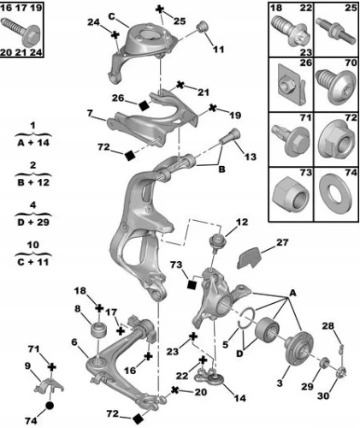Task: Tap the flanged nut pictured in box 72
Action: tap(336, 139)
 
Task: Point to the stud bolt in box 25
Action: tap(336, 30)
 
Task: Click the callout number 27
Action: tap(282, 242)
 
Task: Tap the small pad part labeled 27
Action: tap(248, 258)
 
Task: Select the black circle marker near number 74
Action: tap(50, 405)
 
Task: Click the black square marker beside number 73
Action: tap(192, 285)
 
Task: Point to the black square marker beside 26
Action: tap(145, 105)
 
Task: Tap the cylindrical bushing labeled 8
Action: tap(98, 330)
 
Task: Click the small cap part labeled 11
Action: tap(203, 27)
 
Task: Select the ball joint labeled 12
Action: tap(218, 241)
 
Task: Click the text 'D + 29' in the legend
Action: tap(33, 223)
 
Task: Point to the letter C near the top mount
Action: tap(112, 16)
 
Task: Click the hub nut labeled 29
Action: tap(323, 364)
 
